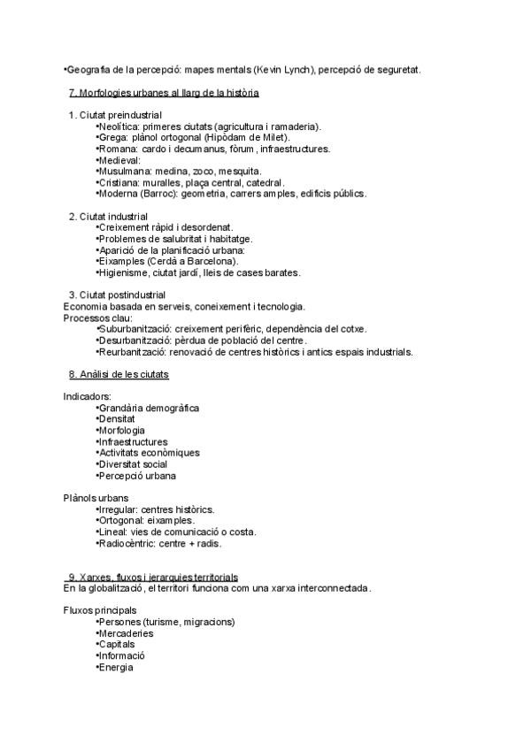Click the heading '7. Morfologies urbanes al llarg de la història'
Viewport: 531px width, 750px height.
164,92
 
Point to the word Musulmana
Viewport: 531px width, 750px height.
123,171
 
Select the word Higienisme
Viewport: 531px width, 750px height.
124,272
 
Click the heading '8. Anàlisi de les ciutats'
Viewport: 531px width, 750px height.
119,374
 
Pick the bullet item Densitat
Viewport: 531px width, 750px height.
116,419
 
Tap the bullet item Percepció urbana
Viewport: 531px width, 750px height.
137,476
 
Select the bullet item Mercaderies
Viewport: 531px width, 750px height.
126,633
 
